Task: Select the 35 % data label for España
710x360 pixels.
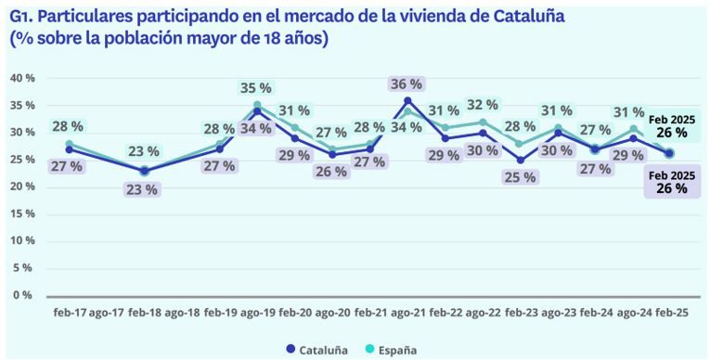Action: [256, 88]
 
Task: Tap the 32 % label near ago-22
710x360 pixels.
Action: [483, 104]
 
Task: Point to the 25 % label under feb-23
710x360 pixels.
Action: [521, 176]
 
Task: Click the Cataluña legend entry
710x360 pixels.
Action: [316, 350]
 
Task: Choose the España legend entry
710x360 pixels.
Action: [391, 350]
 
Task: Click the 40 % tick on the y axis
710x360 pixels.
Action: [21, 78]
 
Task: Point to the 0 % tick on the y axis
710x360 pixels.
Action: [24, 295]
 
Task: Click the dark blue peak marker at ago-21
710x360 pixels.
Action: [407, 100]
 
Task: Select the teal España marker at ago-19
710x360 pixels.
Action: [257, 105]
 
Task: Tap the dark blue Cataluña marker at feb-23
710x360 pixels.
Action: [521, 160]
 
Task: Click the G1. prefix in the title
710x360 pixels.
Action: [20, 17]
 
